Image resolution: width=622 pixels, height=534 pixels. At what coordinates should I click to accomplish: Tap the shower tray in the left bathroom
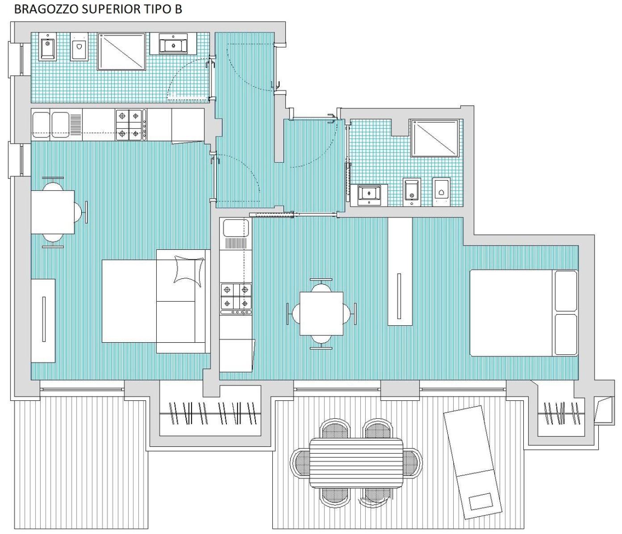[x=122, y=51]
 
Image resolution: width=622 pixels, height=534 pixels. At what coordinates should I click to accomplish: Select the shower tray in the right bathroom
[x=435, y=138]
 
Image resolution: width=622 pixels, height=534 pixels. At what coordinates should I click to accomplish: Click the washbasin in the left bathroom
[x=173, y=43]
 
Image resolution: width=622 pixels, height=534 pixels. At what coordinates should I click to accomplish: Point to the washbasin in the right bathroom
[x=369, y=195]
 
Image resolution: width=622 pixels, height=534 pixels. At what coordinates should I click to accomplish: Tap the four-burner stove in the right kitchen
[x=236, y=299]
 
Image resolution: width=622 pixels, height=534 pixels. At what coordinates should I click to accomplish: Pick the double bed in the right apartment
[x=524, y=313]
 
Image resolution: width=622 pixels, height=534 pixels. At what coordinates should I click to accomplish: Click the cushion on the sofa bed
[x=188, y=269]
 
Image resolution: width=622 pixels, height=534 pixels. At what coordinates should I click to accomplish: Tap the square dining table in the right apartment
[x=321, y=314]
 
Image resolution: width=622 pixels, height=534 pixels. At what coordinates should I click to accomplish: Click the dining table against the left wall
[x=53, y=212]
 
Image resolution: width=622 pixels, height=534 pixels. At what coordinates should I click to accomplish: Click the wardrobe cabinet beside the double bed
[x=400, y=272]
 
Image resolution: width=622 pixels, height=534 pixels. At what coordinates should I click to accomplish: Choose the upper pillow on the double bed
[x=566, y=291]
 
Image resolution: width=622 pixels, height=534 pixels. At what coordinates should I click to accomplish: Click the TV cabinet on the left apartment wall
[x=43, y=321]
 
